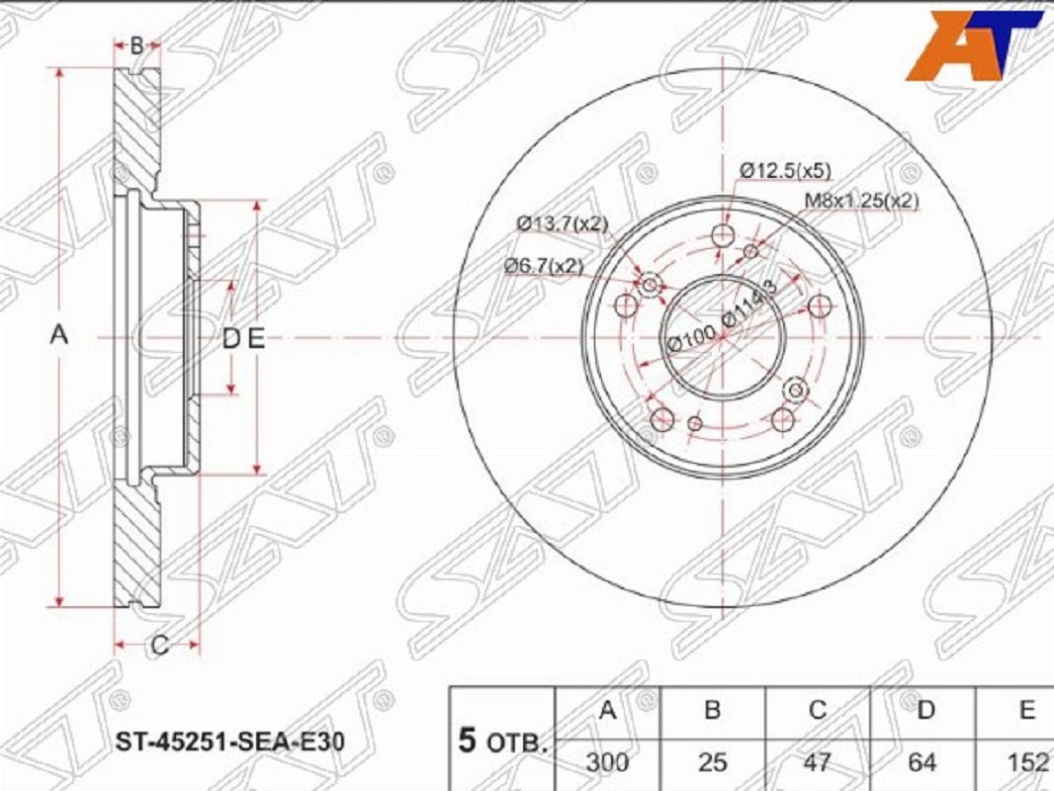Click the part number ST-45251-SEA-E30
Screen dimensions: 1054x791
coord(230,742)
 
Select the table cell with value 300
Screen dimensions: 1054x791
coord(608,762)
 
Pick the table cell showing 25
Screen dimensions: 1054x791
coord(713,762)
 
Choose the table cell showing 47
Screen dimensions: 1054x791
coord(818,762)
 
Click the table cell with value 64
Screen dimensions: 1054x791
coord(922,762)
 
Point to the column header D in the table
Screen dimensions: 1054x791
coord(925,710)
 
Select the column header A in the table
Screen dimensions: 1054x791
coord(608,710)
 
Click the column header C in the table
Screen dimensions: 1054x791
coord(818,710)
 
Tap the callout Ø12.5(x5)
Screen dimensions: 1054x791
coord(785,171)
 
